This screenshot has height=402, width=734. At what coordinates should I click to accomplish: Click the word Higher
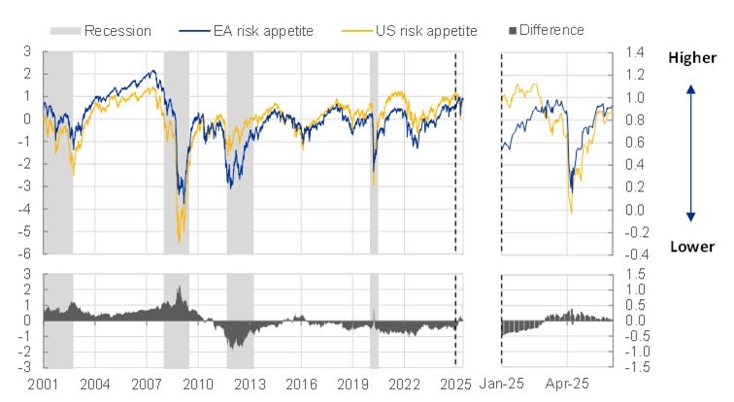(691, 58)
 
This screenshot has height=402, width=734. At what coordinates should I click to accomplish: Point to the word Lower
(691, 247)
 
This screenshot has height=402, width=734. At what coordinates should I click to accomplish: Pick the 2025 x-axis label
(455, 384)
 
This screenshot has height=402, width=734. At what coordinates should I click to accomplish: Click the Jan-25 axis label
(505, 384)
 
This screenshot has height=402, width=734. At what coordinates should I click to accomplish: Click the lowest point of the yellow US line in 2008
(179, 241)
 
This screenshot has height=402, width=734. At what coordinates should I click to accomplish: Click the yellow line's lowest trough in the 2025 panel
(571, 213)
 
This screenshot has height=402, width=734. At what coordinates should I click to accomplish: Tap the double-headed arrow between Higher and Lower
(690, 152)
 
